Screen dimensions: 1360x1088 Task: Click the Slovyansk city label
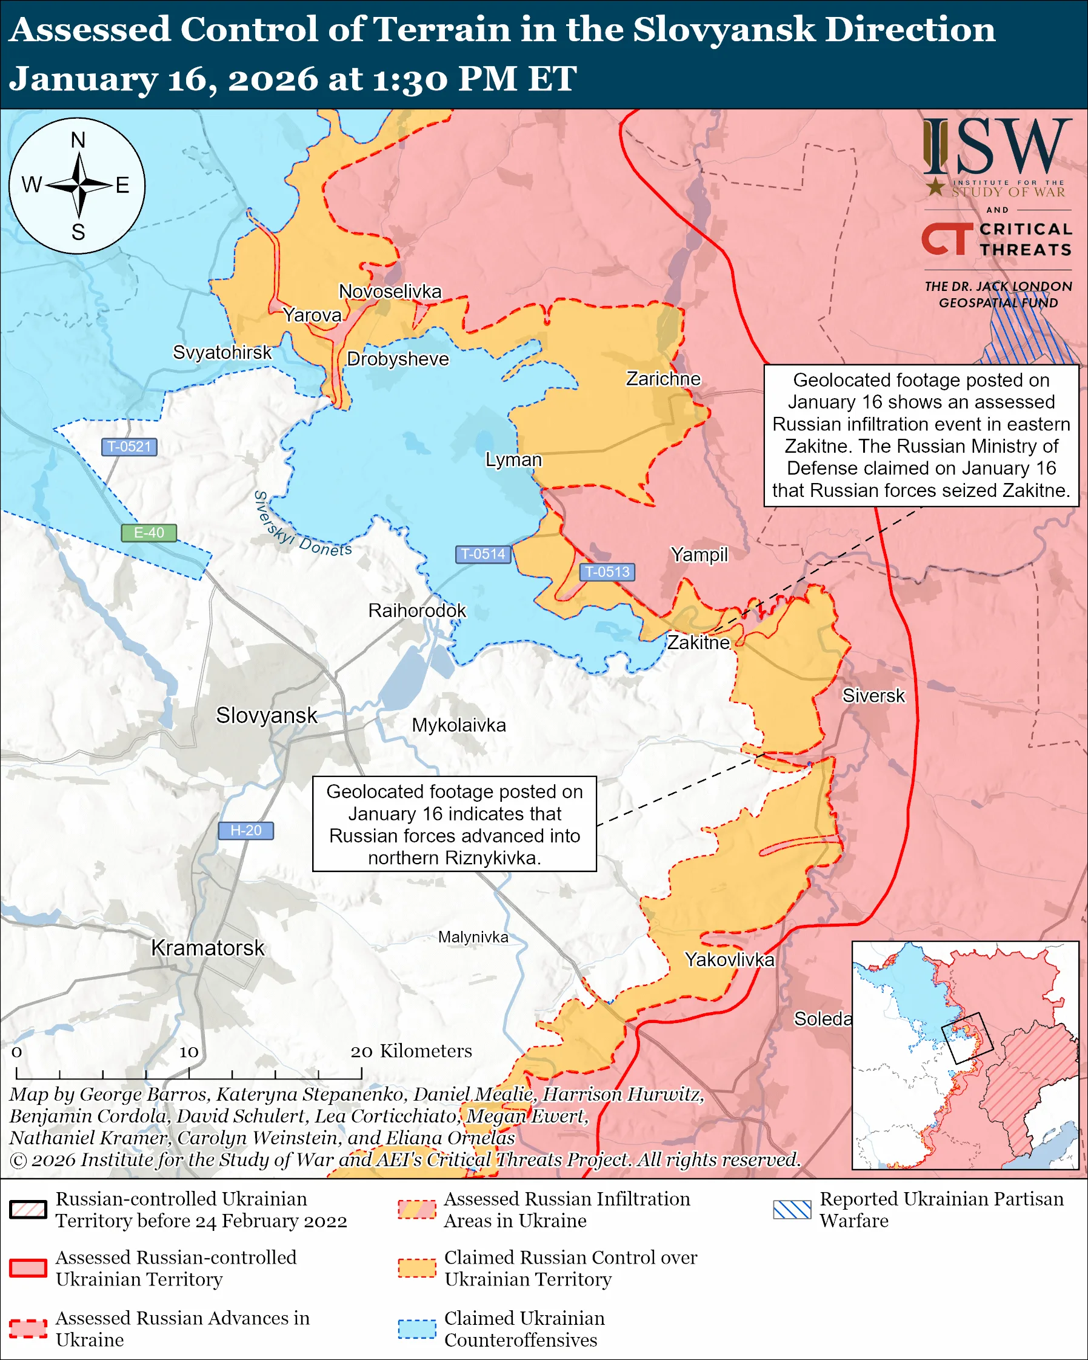[x=266, y=715]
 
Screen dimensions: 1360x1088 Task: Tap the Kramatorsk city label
[x=207, y=948]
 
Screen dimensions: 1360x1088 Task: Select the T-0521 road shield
[x=129, y=447]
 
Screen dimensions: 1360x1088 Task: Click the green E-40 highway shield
[x=149, y=532]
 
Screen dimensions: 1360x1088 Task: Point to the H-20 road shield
[x=245, y=830]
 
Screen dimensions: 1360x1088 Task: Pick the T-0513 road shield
[x=607, y=572]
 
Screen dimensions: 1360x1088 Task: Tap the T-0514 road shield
[x=483, y=554]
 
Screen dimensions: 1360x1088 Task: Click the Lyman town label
[x=513, y=459]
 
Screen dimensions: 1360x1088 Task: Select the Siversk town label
[x=873, y=696]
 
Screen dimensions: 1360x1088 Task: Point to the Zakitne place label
[x=698, y=642]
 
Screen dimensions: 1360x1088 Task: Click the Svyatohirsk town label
[x=222, y=352]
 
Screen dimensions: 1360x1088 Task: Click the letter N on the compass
[x=78, y=140]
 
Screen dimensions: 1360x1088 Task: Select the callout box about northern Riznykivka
[x=454, y=824]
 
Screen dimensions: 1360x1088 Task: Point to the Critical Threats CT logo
[x=946, y=238]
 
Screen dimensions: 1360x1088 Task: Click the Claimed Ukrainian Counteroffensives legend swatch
[x=417, y=1329]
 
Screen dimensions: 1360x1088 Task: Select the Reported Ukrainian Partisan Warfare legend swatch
[x=792, y=1209]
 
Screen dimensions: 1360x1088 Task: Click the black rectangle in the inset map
[x=967, y=1038]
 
